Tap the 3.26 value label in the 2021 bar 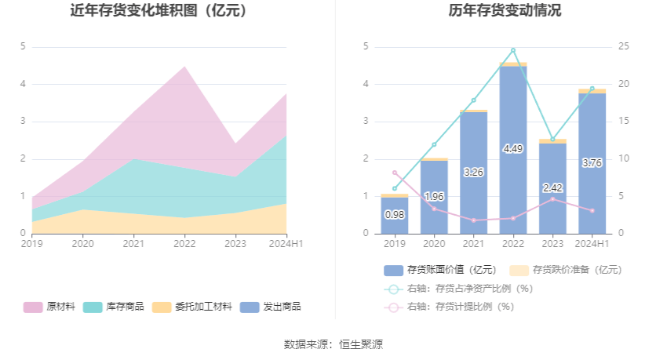pyautogui.click(x=473, y=172)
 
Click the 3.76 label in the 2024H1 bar pyautogui.click(x=592, y=163)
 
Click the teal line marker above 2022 pyautogui.click(x=513, y=50)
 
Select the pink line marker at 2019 pyautogui.click(x=395, y=173)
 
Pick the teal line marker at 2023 pyautogui.click(x=552, y=140)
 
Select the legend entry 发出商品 pyautogui.click(x=271, y=307)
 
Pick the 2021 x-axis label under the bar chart pyautogui.click(x=473, y=244)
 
